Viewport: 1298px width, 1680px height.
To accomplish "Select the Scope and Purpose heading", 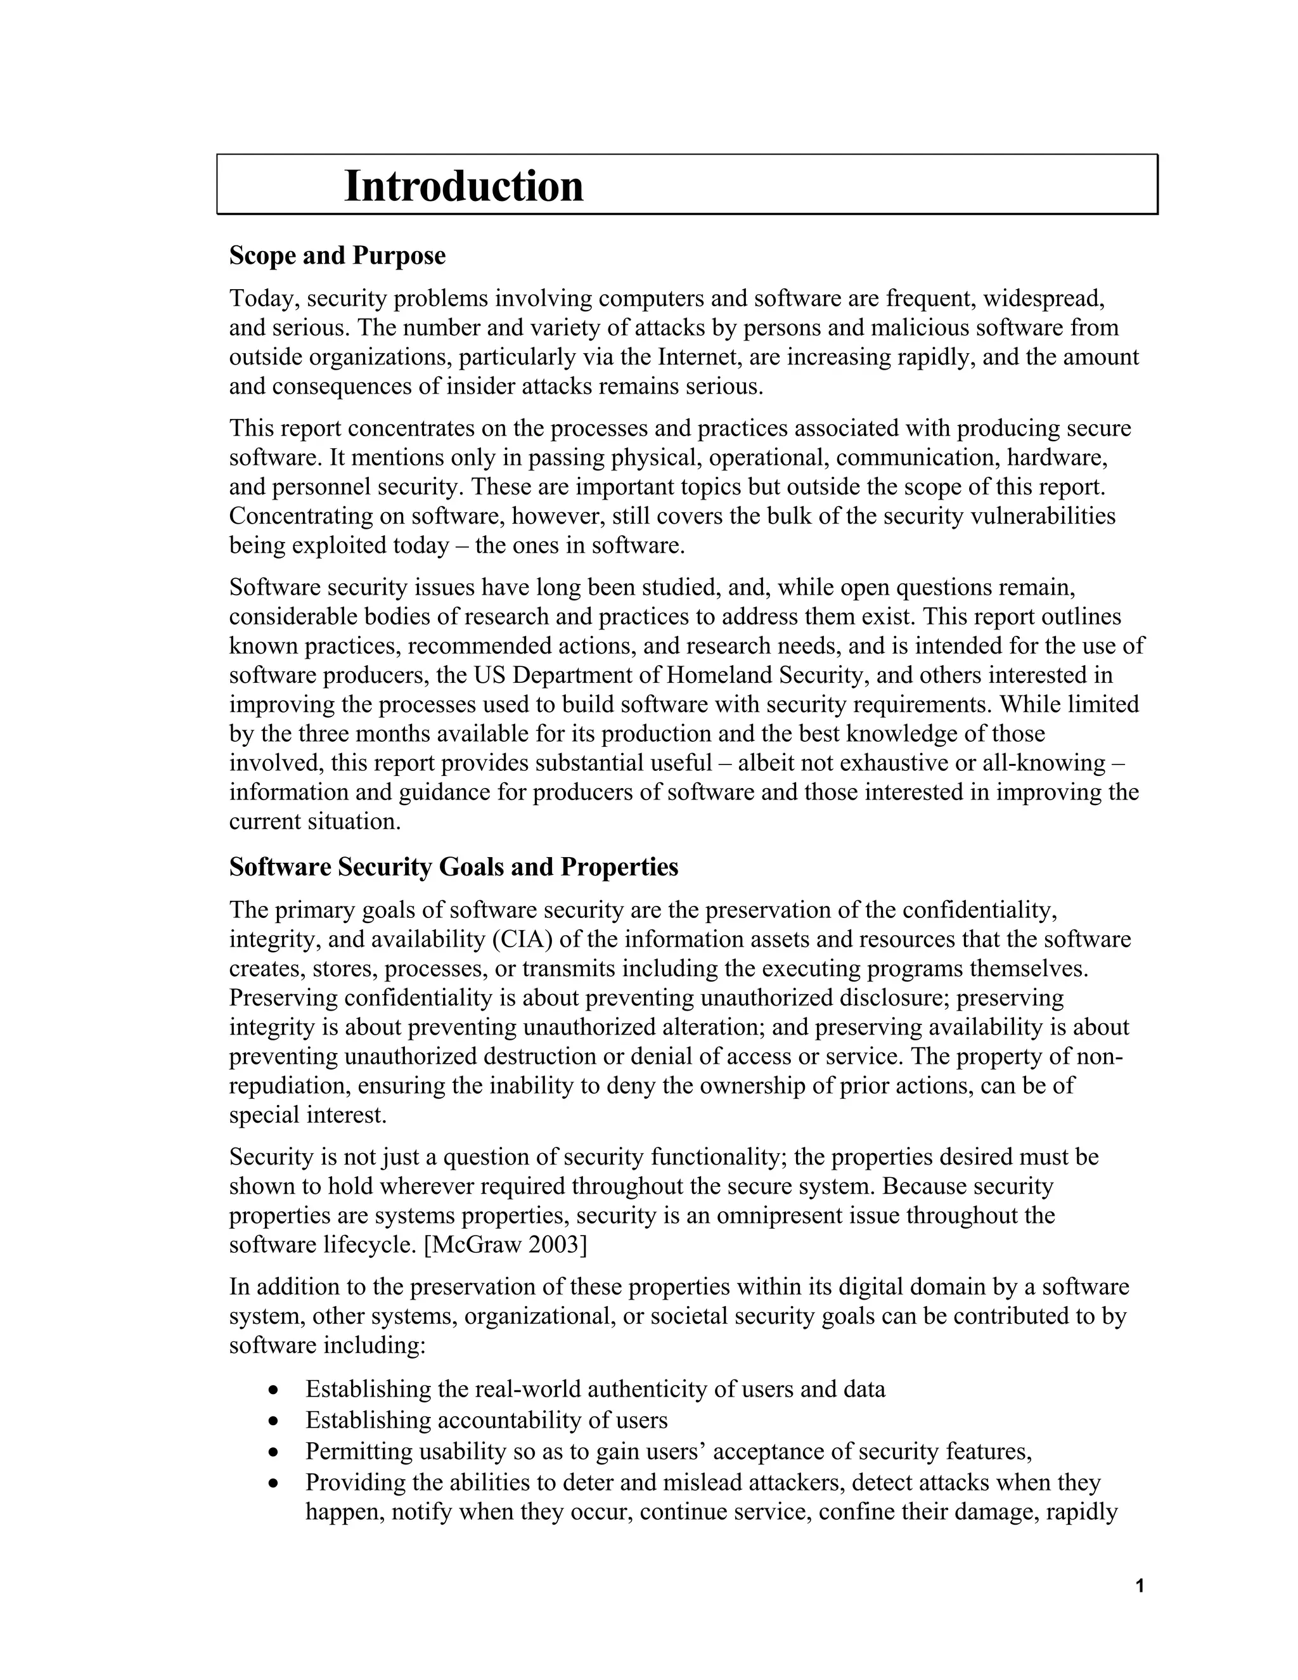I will (337, 255).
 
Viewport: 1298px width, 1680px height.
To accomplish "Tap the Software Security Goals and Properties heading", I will (454, 867).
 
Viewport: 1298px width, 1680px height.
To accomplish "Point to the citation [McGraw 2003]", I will (505, 1244).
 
